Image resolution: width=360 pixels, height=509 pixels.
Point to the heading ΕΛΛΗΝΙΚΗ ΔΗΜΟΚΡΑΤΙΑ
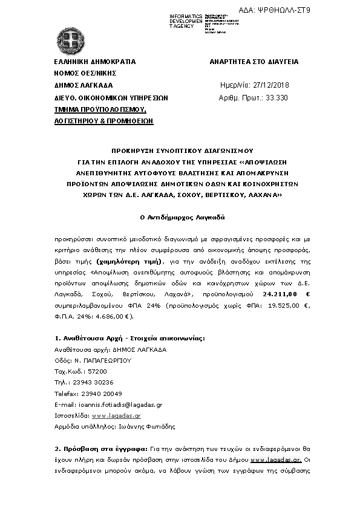95,62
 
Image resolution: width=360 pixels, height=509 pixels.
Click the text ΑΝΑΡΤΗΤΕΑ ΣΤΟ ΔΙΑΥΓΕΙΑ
254,62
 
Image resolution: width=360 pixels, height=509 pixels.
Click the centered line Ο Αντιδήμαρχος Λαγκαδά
180,216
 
